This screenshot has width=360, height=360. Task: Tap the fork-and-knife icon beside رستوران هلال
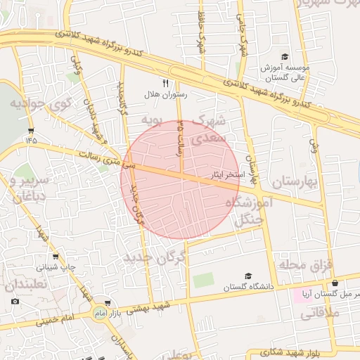165,83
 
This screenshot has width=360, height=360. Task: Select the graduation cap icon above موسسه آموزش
285,56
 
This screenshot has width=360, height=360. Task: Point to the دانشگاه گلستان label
247,287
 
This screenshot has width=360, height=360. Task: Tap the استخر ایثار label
226,172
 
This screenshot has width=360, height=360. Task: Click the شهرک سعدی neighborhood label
210,130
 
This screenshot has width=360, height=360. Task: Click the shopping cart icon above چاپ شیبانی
56,257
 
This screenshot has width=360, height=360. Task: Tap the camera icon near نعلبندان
15,302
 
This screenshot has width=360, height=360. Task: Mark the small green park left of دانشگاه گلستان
203,280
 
